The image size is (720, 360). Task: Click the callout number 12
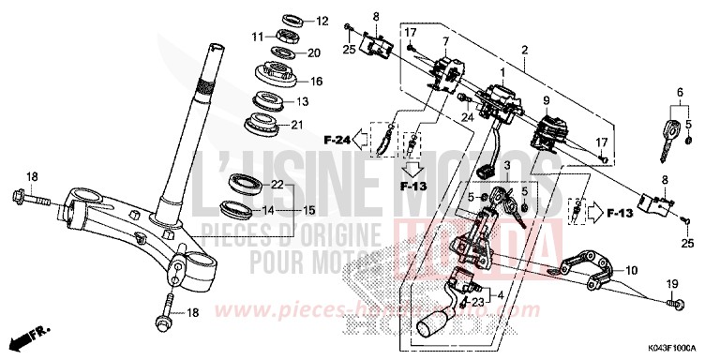click(322, 21)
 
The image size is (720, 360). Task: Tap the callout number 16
click(316, 82)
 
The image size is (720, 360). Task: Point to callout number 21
click(323, 125)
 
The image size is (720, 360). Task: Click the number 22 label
click(278, 184)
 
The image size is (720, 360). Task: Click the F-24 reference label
click(338, 142)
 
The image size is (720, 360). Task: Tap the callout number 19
click(671, 284)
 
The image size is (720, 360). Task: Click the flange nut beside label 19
click(675, 304)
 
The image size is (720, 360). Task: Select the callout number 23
click(477, 302)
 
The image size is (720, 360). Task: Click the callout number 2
click(526, 49)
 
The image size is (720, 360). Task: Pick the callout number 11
click(256, 36)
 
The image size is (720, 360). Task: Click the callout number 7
click(445, 41)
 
